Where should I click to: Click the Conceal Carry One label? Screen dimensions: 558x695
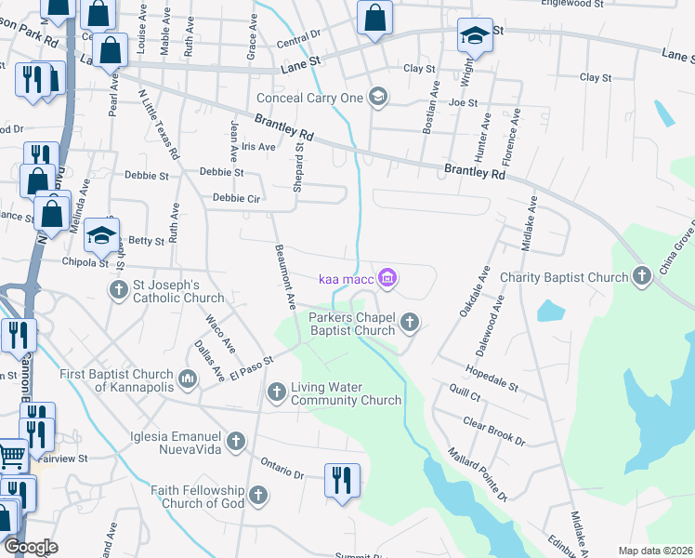[312, 97]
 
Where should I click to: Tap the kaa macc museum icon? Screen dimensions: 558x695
[388, 277]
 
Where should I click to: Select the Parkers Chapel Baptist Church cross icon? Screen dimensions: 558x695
[410, 323]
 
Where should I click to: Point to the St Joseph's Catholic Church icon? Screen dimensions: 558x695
[119, 290]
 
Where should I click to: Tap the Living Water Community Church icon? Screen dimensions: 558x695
[277, 392]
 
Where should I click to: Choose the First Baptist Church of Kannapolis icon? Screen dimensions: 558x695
[189, 378]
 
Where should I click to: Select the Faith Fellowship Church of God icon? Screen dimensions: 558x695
[258, 495]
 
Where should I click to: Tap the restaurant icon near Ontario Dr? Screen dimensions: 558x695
[341, 480]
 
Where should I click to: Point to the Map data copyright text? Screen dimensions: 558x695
[655, 551]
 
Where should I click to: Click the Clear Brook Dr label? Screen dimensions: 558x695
[494, 429]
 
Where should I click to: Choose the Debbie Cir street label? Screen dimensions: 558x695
[236, 198]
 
